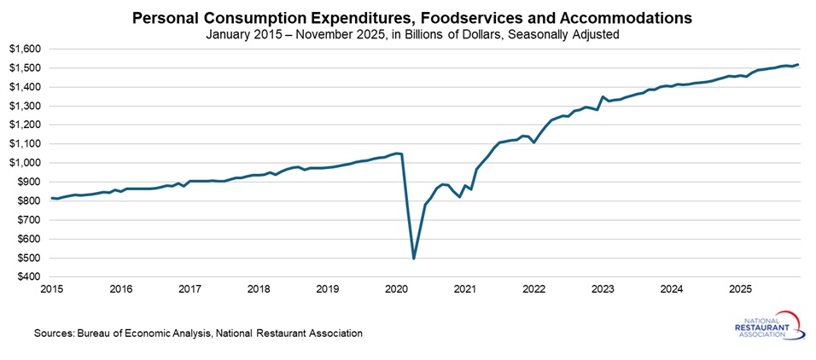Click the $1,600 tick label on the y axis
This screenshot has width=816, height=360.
coord(25,49)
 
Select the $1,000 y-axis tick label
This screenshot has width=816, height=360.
coord(25,163)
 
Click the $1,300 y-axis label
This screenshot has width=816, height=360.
coord(25,106)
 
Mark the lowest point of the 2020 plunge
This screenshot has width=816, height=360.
coord(414,258)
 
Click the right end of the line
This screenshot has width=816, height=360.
coord(798,64)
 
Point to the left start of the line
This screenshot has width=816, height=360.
coord(51,198)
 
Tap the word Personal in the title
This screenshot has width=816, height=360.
coord(160,18)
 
